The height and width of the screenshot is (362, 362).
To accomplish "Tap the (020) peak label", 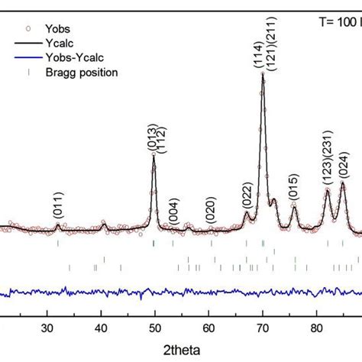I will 210,208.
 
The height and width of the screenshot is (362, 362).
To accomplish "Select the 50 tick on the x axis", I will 155,328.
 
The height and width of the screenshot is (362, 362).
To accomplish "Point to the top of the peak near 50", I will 154,154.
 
